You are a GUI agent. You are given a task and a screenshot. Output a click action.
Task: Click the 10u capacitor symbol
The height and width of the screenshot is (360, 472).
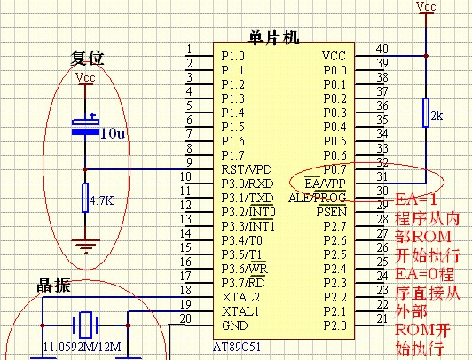[x=85, y=126]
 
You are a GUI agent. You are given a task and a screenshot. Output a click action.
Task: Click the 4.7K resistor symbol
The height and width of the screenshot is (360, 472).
[x=85, y=198]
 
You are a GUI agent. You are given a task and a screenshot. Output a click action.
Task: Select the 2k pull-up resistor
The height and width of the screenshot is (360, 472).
[x=426, y=113]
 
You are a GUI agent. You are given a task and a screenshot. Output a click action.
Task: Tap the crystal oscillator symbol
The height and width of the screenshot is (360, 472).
[x=85, y=325]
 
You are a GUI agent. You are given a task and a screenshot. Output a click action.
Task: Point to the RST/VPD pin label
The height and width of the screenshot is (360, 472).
[x=247, y=169]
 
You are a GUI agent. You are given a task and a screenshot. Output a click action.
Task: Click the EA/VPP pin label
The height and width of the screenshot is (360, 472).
[x=325, y=184]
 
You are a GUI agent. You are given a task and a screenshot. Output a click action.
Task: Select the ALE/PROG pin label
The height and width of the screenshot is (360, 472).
[x=318, y=198]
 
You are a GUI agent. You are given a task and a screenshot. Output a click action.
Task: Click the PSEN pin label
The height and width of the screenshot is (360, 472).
[x=332, y=212]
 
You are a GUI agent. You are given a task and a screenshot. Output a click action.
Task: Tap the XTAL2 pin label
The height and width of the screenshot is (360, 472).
[x=240, y=297]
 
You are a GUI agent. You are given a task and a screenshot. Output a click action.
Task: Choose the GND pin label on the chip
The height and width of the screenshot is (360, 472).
[x=235, y=325]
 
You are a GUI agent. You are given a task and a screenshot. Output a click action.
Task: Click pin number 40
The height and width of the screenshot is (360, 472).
[x=382, y=49]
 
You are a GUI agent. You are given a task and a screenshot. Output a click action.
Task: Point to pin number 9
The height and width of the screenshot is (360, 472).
[x=189, y=162]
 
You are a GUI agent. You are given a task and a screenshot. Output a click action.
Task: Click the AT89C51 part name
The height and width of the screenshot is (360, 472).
[x=237, y=347]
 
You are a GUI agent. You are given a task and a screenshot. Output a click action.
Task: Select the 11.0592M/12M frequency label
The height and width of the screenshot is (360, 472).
[x=83, y=347]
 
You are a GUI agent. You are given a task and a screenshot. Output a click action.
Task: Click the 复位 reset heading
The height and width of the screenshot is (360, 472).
[x=87, y=58]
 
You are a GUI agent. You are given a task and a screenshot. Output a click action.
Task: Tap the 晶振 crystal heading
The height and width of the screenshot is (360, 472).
[x=53, y=286]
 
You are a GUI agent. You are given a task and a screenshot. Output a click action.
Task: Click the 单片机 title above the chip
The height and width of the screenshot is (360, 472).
[x=273, y=37]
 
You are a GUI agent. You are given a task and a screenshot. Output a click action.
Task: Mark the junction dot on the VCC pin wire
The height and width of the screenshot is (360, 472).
[x=426, y=56]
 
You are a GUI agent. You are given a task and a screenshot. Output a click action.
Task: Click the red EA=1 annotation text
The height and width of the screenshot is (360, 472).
[x=416, y=200]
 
